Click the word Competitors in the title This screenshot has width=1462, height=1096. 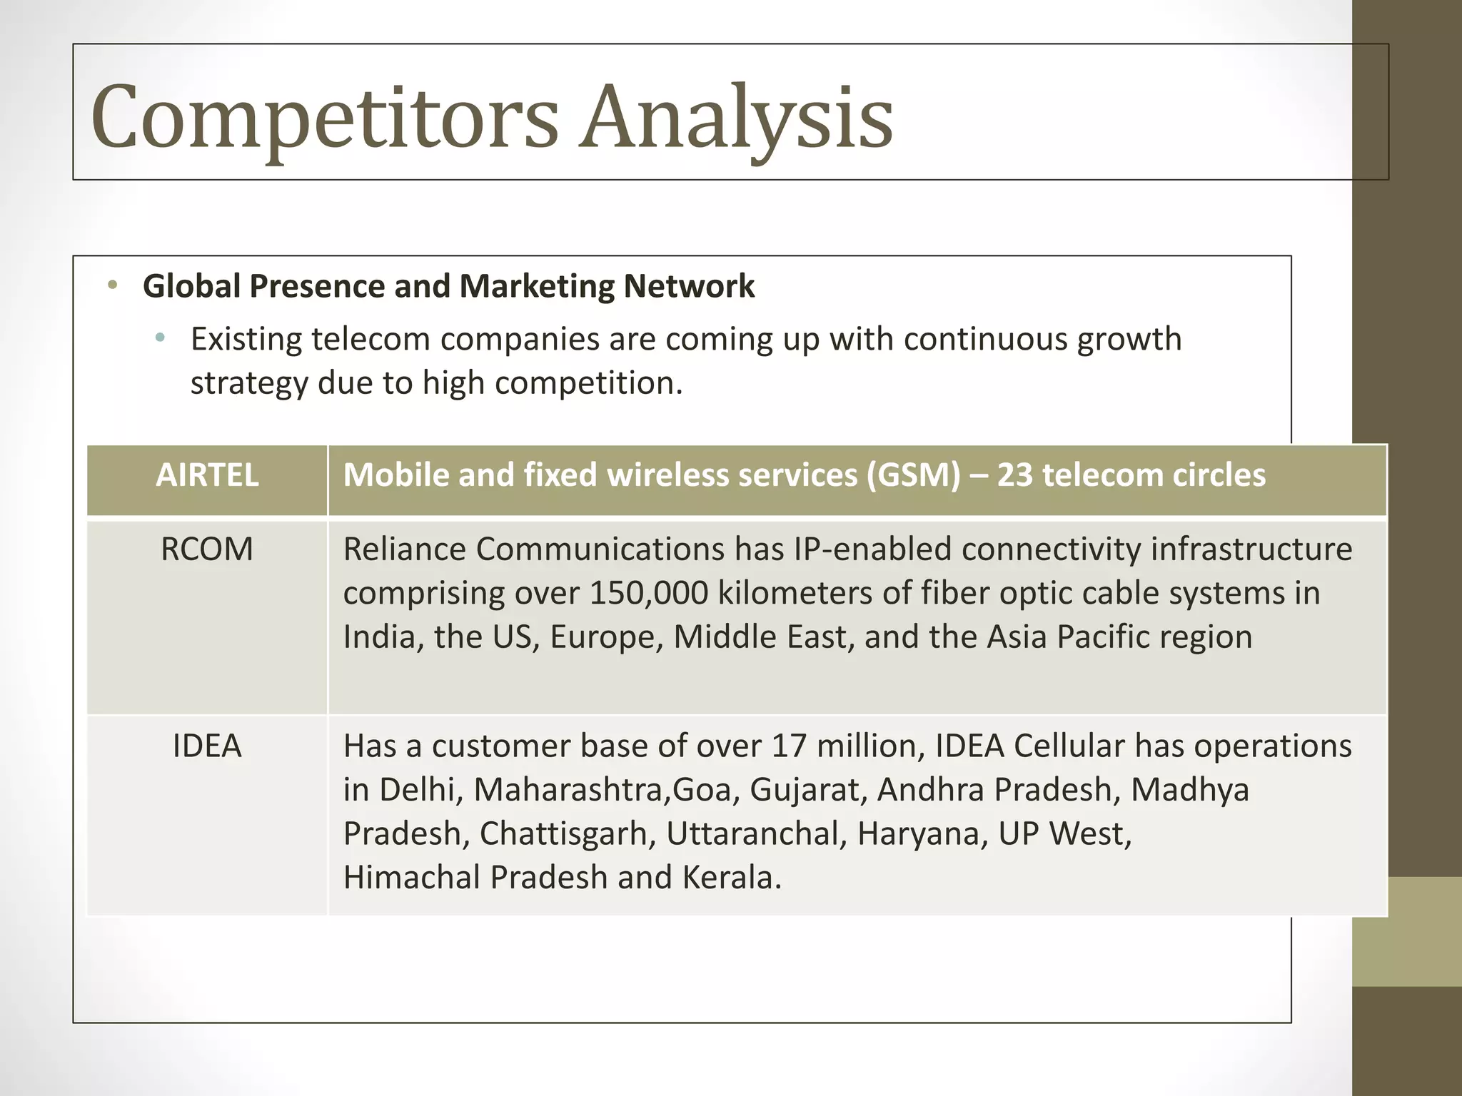point(325,118)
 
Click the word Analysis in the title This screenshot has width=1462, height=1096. point(735,118)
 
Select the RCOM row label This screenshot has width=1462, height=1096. point(207,550)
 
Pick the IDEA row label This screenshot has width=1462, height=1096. point(207,746)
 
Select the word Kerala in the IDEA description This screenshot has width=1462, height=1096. point(732,878)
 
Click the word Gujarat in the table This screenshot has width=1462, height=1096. point(808,791)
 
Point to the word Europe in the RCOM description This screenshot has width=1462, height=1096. point(606,637)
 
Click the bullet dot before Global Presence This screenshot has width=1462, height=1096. point(112,287)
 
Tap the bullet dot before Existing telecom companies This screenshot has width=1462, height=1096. point(160,338)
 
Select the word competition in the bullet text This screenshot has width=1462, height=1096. point(588,383)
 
